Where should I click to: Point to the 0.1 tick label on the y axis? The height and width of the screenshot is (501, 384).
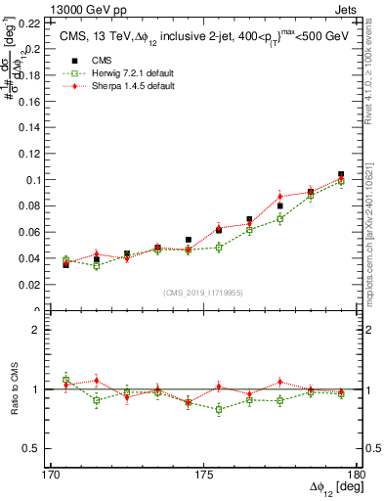[34, 180]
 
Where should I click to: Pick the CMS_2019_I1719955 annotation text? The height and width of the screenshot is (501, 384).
[203, 291]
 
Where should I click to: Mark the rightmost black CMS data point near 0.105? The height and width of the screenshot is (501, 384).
[341, 174]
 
